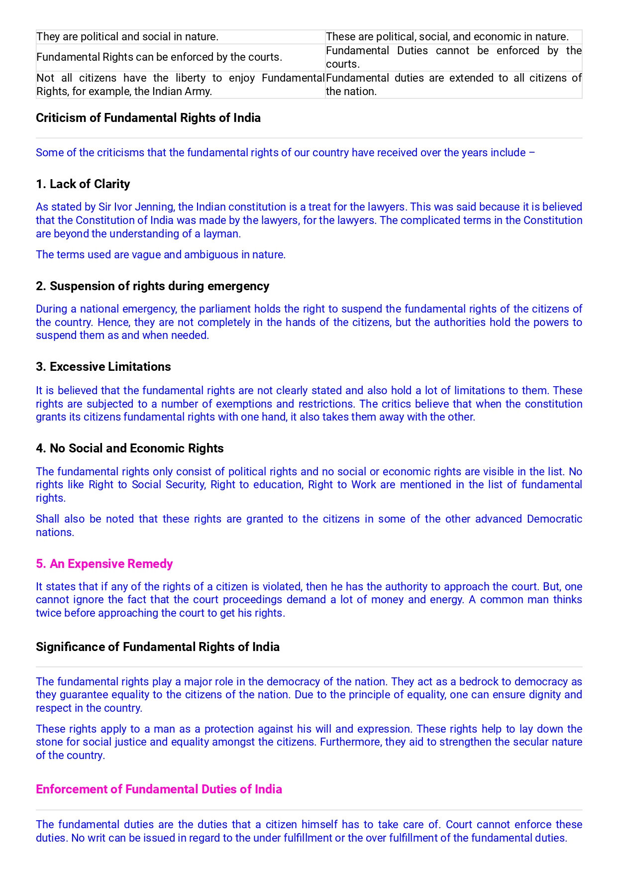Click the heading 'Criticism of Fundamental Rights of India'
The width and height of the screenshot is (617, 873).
coord(148,118)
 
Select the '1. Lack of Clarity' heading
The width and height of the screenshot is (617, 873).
coord(83,184)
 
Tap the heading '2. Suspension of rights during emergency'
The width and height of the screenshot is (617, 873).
coord(152,286)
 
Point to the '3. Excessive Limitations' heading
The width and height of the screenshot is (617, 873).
coord(103,367)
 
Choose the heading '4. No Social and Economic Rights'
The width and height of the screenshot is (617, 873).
coord(129,448)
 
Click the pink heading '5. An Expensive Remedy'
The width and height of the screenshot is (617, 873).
coord(104,564)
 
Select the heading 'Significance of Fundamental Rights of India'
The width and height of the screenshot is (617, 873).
coord(158,647)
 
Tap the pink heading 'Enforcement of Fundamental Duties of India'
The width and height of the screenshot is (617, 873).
coord(159,789)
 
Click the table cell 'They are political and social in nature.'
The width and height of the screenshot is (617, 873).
coord(127,37)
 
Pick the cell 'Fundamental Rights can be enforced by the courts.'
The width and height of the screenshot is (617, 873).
coord(159,57)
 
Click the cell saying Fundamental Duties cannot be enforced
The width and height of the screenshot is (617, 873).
coord(453,57)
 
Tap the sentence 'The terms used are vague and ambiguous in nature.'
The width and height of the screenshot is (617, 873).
coord(161,255)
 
